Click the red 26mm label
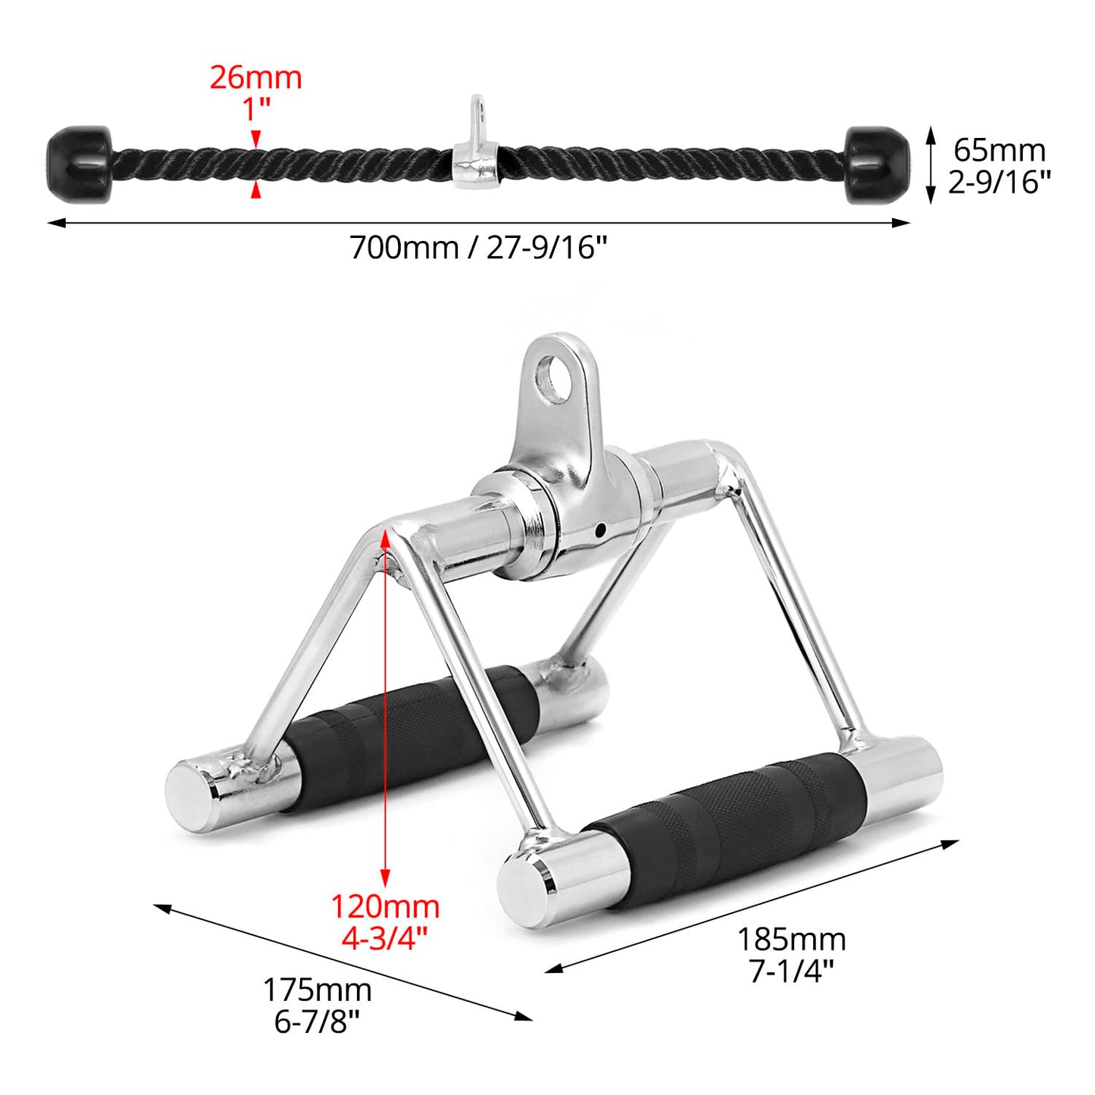(x=255, y=77)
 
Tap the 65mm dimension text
(x=999, y=150)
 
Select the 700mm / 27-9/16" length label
(x=478, y=247)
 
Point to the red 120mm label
(x=385, y=906)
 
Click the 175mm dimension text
(x=317, y=990)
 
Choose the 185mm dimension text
(x=791, y=940)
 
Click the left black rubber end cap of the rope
(x=78, y=163)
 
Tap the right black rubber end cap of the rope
(x=877, y=164)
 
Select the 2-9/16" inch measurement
(x=999, y=182)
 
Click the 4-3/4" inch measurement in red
(x=385, y=938)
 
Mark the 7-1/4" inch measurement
(x=791, y=971)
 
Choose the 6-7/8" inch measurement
(x=317, y=1021)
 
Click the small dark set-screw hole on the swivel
(x=600, y=530)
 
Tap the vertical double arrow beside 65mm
(x=931, y=166)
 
